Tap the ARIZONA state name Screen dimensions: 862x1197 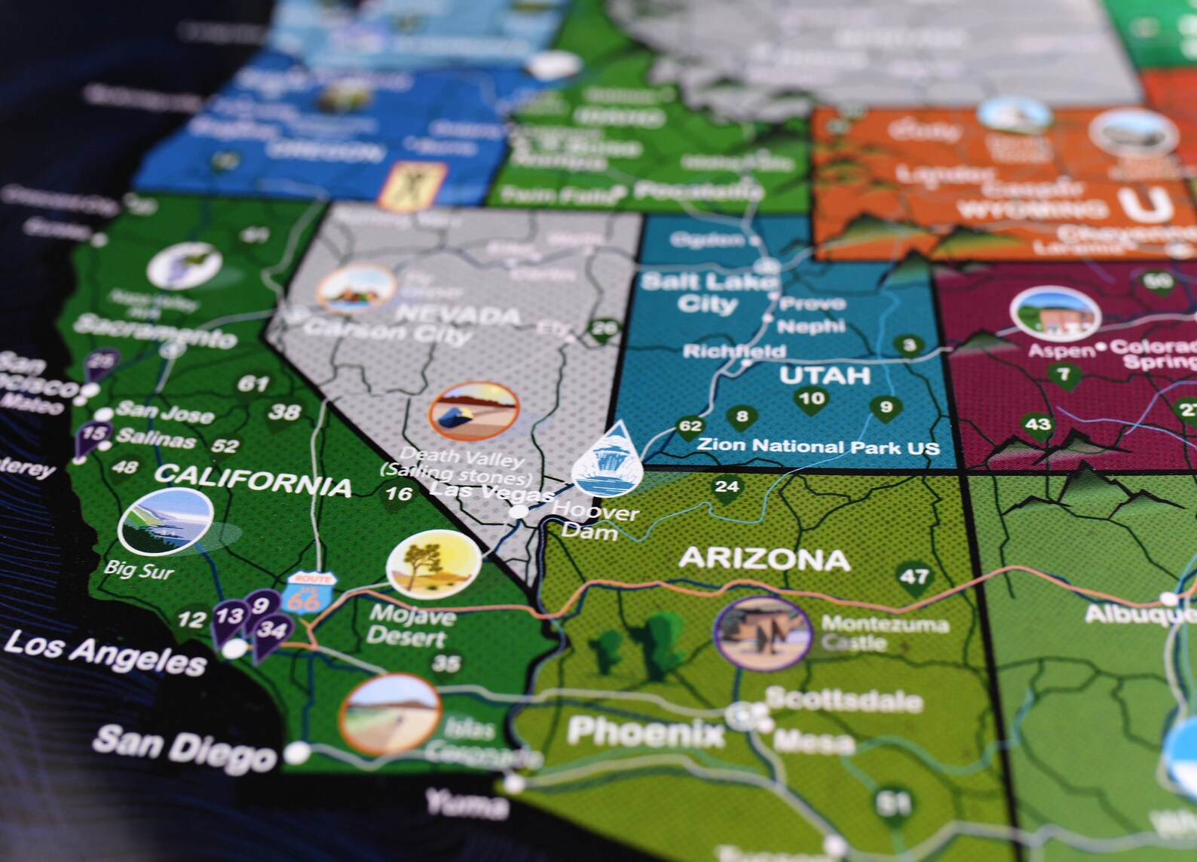click(x=764, y=559)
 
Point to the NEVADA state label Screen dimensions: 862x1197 click(x=458, y=314)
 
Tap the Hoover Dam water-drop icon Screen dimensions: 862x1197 click(x=608, y=461)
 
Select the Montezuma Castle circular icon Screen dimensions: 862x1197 click(x=762, y=633)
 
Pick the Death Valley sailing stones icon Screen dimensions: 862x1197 click(x=473, y=413)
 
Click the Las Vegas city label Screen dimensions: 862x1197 click(x=491, y=493)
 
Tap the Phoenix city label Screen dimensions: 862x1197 click(x=645, y=732)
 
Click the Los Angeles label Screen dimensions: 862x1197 click(x=105, y=653)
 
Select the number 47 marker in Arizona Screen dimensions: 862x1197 click(x=914, y=578)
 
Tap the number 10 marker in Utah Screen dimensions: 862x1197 click(x=811, y=399)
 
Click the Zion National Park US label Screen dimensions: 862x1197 click(x=818, y=446)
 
